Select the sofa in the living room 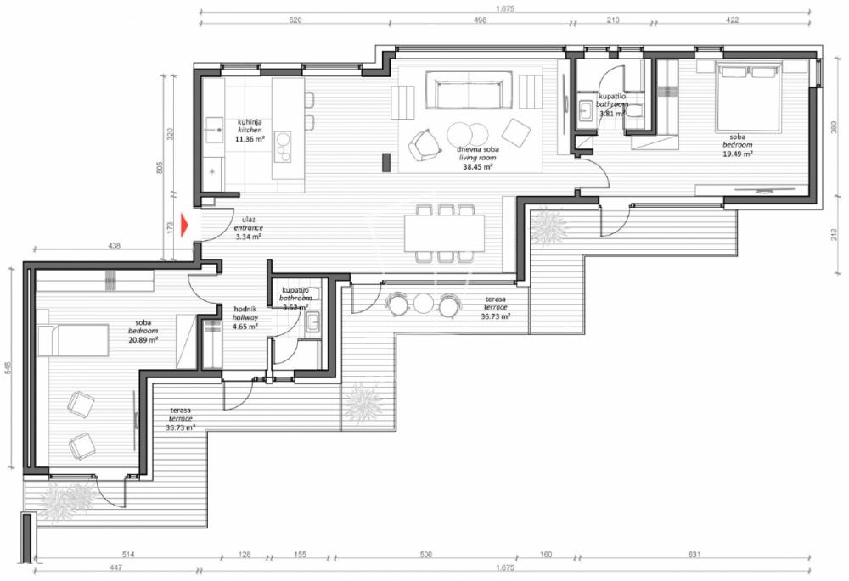pyautogui.click(x=469, y=92)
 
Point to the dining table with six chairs pyautogui.click(x=444, y=232)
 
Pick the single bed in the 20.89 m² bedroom pyautogui.click(x=75, y=342)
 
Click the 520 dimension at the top pyautogui.click(x=296, y=20)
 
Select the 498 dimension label pyautogui.click(x=481, y=20)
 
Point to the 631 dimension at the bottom pyautogui.click(x=694, y=555)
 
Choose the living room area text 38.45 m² pyautogui.click(x=478, y=167)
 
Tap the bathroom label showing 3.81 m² pyautogui.click(x=612, y=113)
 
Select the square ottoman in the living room pyautogui.click(x=516, y=131)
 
